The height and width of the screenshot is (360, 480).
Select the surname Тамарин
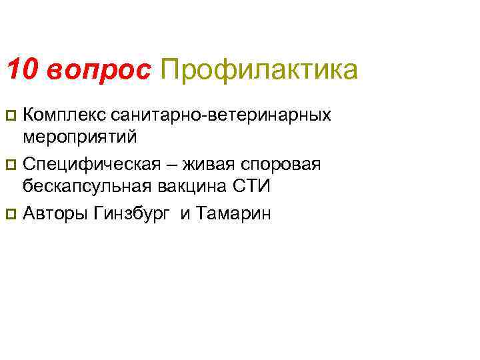pos(235,214)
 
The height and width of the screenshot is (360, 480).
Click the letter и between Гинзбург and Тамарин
pos(185,215)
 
